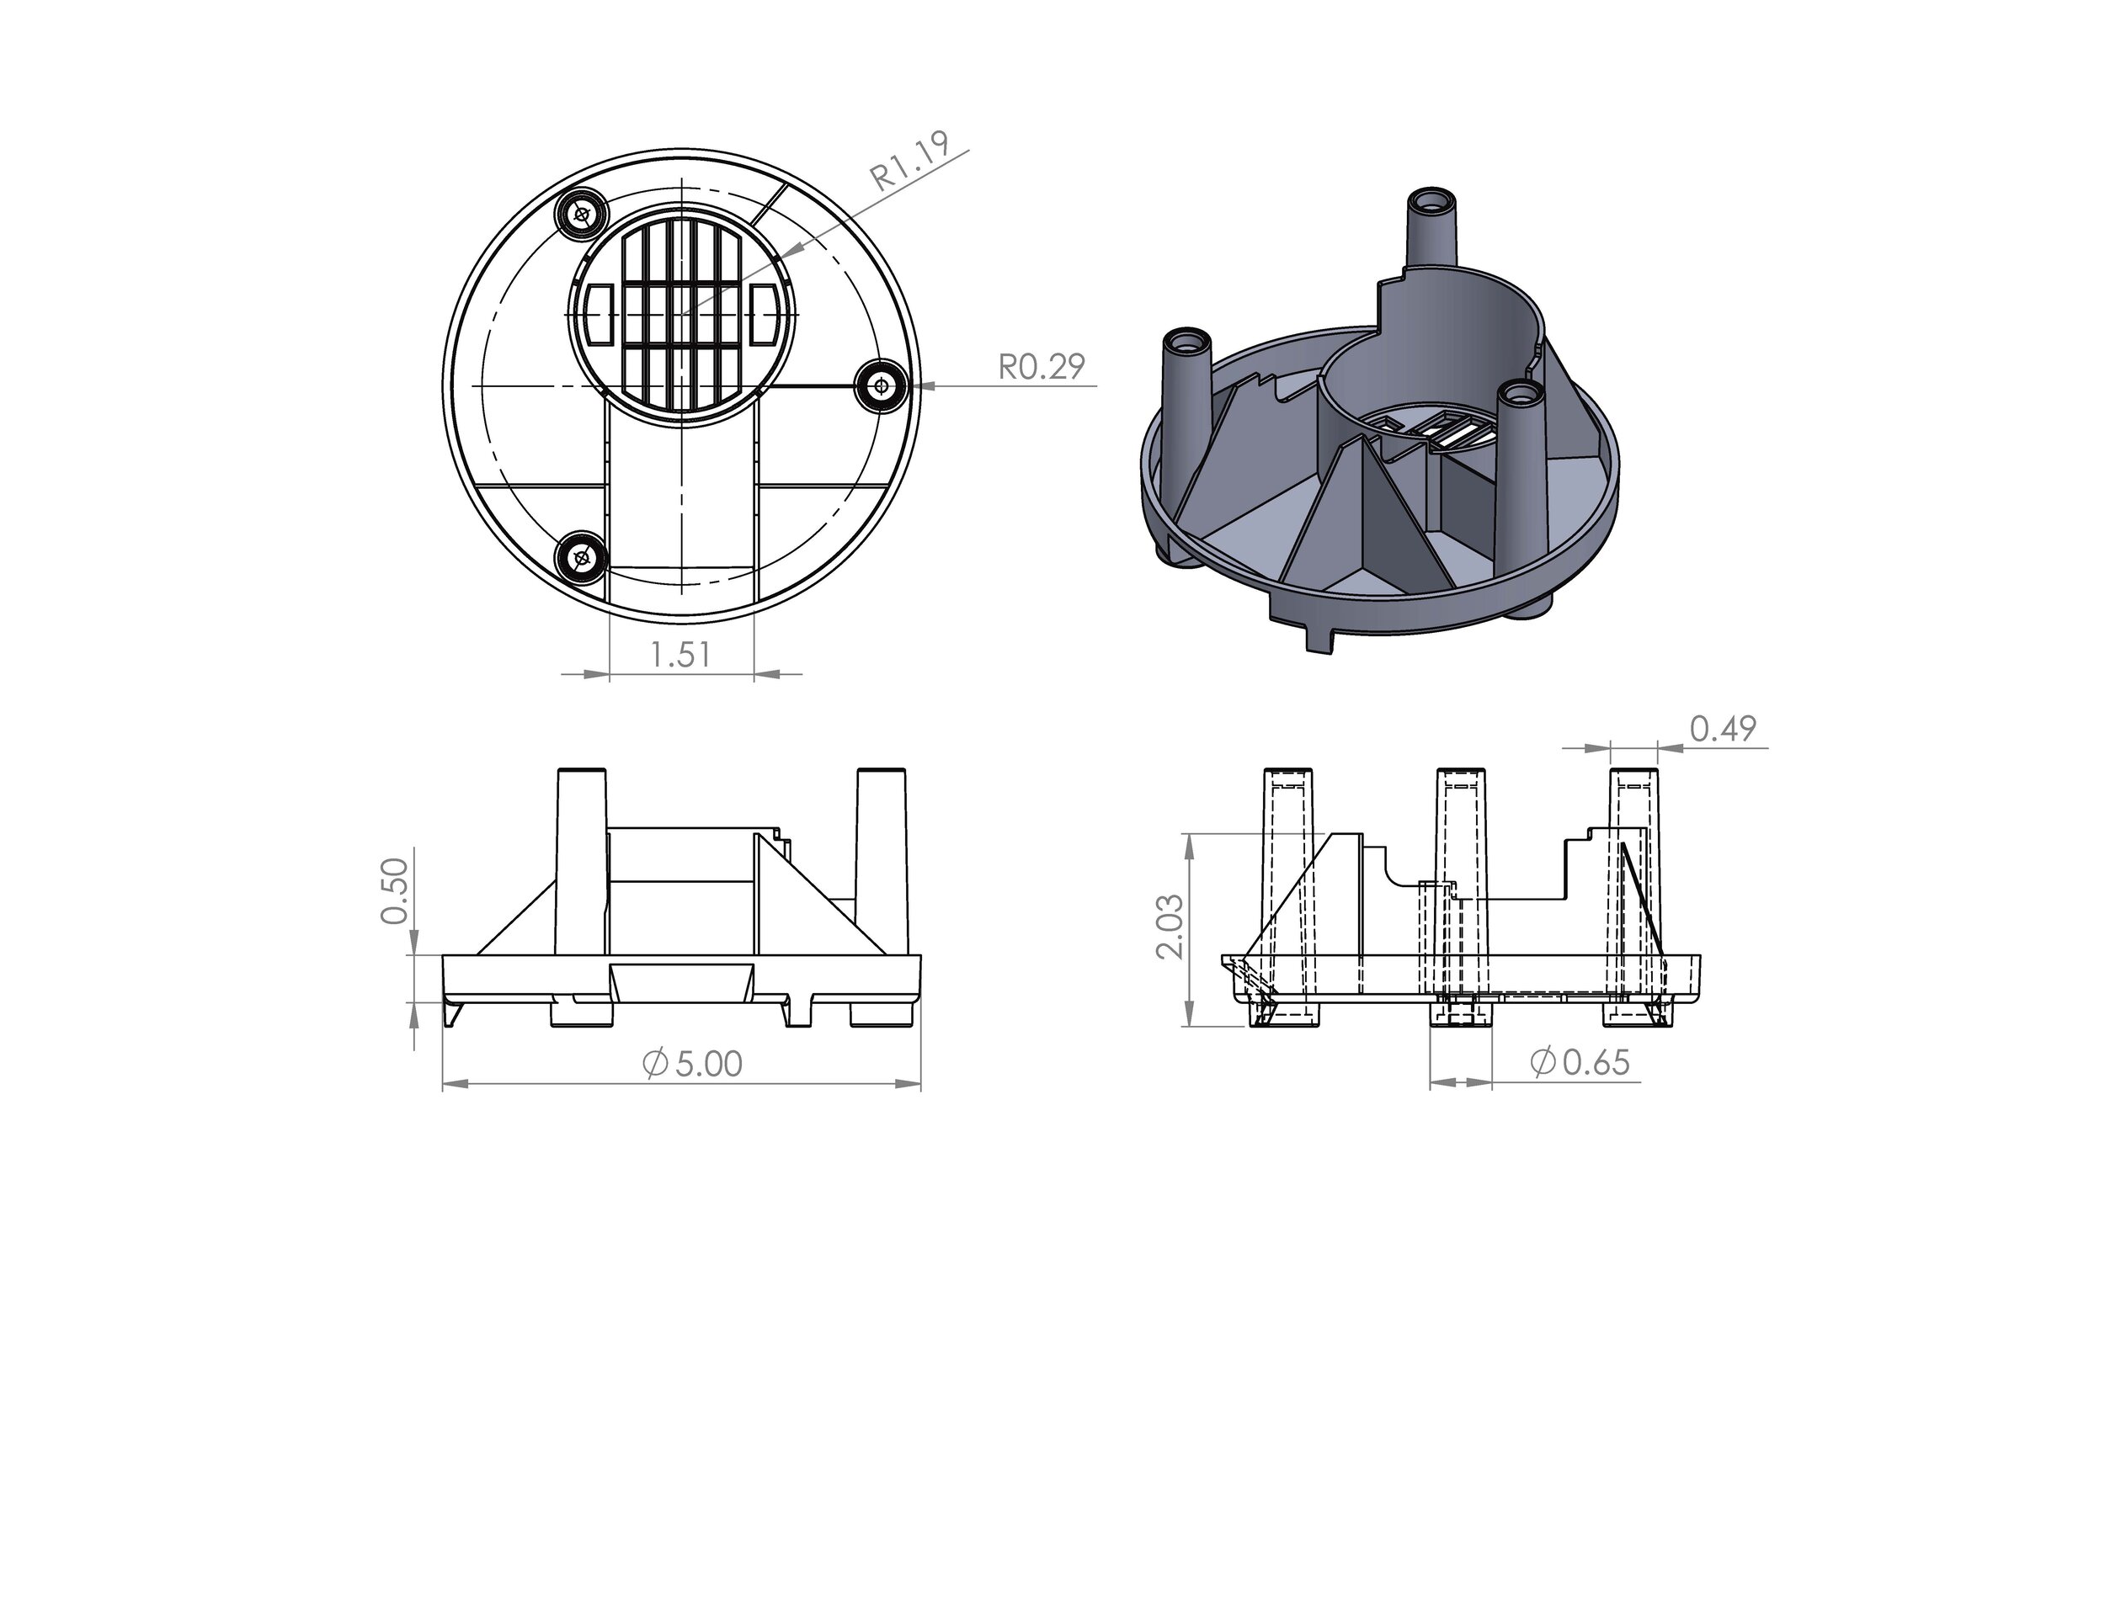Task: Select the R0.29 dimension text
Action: [x=1042, y=366]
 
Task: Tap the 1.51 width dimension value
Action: [x=679, y=655]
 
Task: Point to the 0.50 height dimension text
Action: [x=395, y=891]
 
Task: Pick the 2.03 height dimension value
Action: [x=1170, y=927]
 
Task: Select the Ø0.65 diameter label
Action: [x=1580, y=1062]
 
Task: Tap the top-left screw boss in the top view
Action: [x=582, y=214]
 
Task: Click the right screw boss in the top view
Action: [x=882, y=386]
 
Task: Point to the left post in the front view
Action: [x=582, y=860]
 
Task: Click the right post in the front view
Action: [x=881, y=860]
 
